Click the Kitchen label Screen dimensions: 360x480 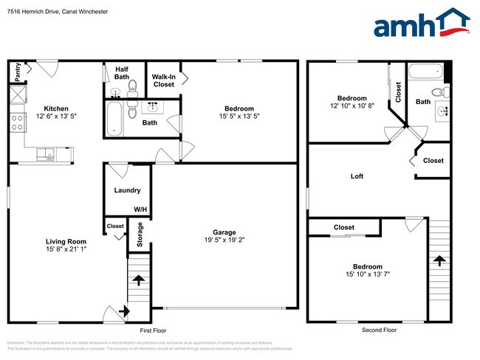55,108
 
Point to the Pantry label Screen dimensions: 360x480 18,72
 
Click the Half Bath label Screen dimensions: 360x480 122,73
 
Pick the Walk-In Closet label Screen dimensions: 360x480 163,80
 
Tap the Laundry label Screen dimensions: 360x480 127,190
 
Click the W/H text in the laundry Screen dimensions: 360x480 140,210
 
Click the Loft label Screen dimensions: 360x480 357,176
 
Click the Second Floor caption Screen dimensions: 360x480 380,330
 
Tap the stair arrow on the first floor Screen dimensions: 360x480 138,280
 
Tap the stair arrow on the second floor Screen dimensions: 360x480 439,260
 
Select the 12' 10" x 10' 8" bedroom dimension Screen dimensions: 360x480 352,107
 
